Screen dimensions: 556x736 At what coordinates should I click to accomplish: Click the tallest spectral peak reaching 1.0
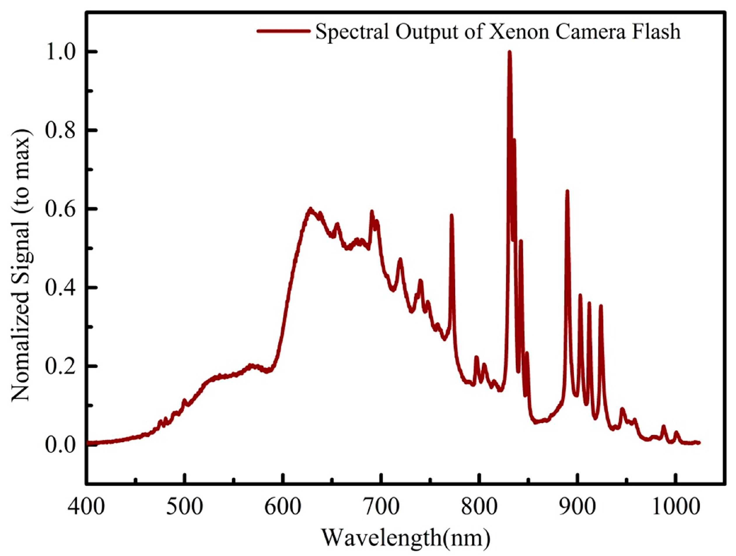(509, 52)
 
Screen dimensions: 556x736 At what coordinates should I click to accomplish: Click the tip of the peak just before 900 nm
(567, 191)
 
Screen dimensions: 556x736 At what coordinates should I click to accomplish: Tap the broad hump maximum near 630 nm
(310, 209)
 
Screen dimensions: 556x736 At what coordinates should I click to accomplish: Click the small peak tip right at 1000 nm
(676, 433)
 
